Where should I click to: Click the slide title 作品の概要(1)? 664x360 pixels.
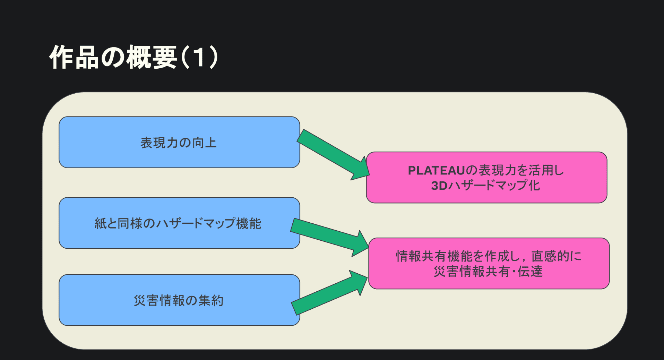(x=133, y=57)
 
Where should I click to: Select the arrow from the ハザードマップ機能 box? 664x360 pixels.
(x=328, y=236)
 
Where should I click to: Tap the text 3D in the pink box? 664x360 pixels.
(x=439, y=186)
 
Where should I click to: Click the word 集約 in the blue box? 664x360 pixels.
(x=211, y=300)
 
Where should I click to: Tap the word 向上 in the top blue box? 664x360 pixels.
(x=205, y=143)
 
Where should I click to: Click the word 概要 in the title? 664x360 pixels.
(x=152, y=57)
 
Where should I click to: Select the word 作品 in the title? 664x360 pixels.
(x=74, y=57)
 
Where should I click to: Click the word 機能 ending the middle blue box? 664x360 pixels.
(x=249, y=223)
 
